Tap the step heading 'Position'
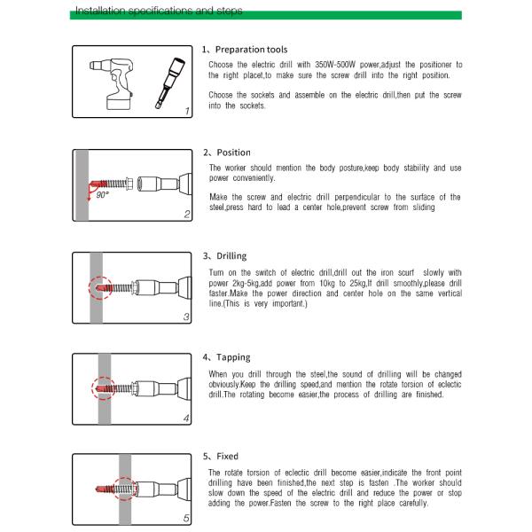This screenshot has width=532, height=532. (x=232, y=153)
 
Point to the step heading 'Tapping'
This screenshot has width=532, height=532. (x=233, y=357)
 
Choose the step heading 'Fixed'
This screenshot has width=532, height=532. (x=227, y=456)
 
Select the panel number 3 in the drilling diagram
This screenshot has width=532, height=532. (x=185, y=317)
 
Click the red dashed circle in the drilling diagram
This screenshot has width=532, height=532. (x=98, y=288)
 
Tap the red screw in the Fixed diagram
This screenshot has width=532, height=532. (x=119, y=489)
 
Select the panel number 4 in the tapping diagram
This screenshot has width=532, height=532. (x=185, y=418)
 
